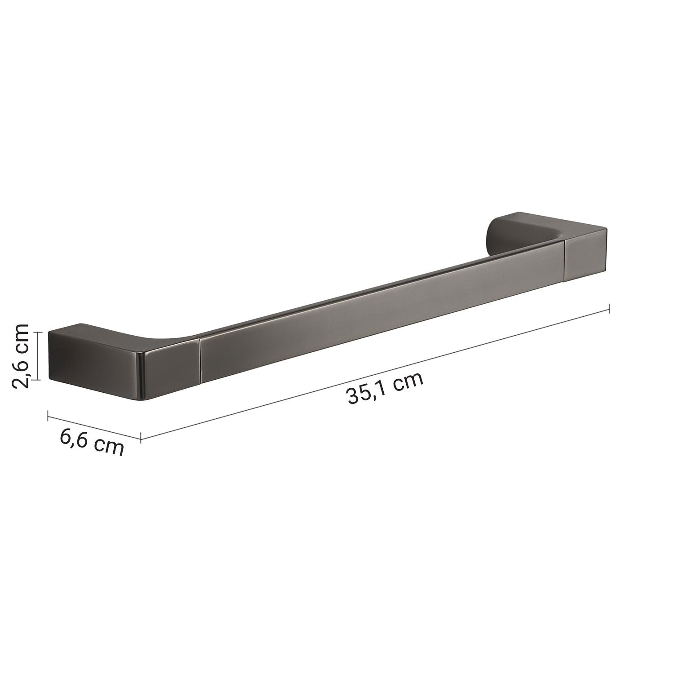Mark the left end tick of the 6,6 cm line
(x=48, y=416)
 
